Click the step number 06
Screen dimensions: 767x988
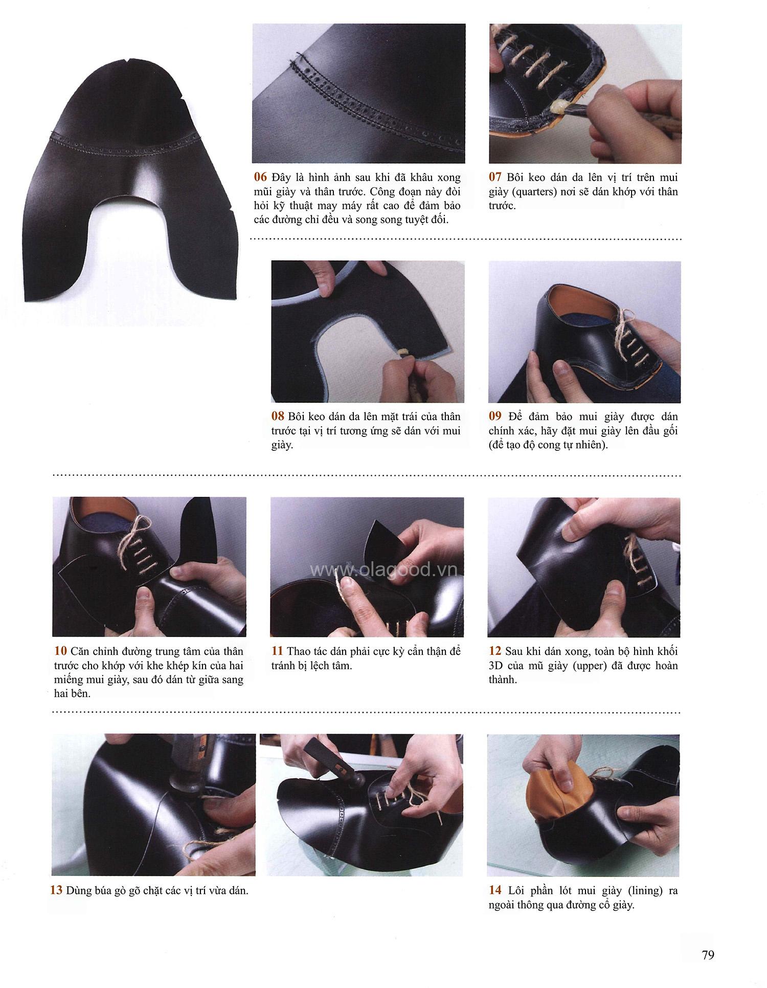[x=260, y=178]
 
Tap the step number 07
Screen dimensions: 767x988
[x=495, y=178]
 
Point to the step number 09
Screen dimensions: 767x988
[x=495, y=416]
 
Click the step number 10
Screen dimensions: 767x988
[x=60, y=651]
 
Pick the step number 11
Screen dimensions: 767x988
[x=277, y=651]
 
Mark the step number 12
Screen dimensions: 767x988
[x=494, y=651]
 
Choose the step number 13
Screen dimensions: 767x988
[x=56, y=890]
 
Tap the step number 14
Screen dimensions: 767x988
[x=495, y=890]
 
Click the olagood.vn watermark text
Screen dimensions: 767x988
[x=385, y=569]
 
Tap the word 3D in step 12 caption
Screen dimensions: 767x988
[x=497, y=666]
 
